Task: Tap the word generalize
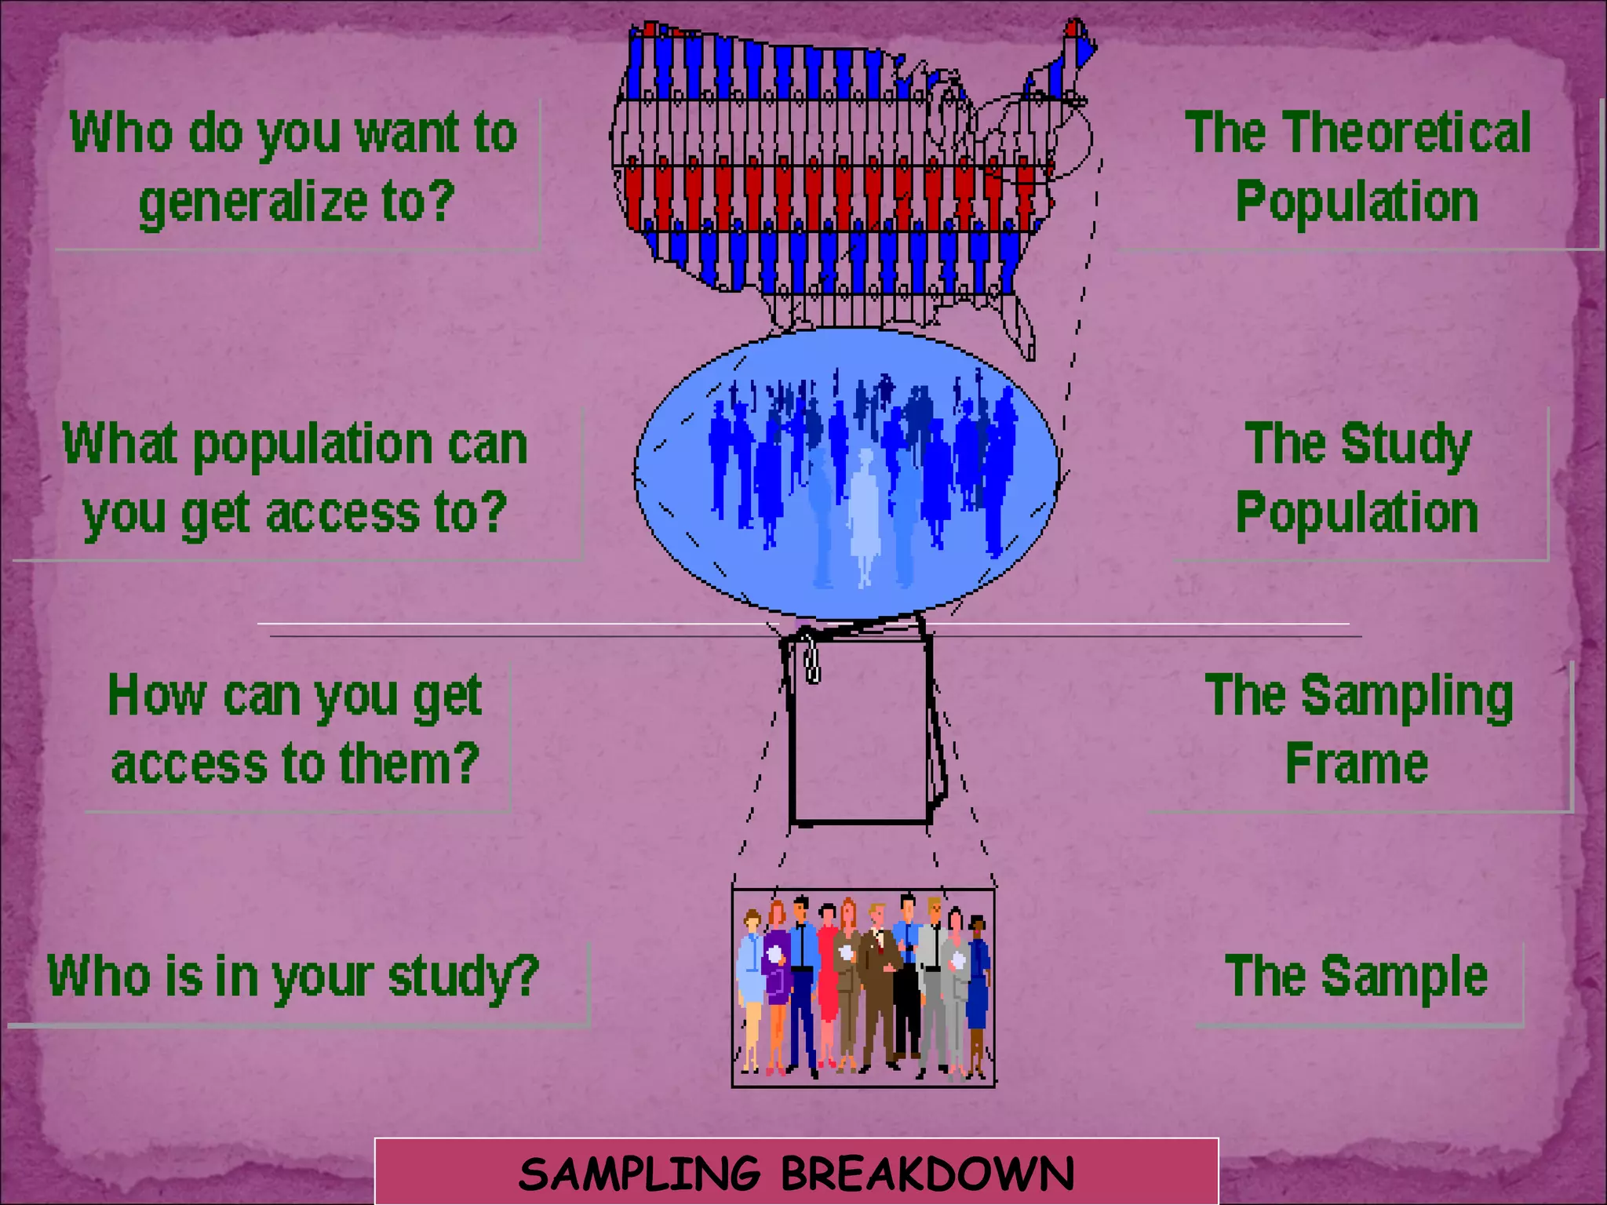pyautogui.click(x=253, y=202)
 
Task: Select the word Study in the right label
pyautogui.click(x=1405, y=444)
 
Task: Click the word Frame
pyautogui.click(x=1357, y=763)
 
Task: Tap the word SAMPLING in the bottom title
pyautogui.click(x=640, y=1174)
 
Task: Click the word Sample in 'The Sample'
pyautogui.click(x=1404, y=976)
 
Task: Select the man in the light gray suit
pyautogui.click(x=933, y=981)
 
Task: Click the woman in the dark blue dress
pyautogui.click(x=978, y=988)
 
